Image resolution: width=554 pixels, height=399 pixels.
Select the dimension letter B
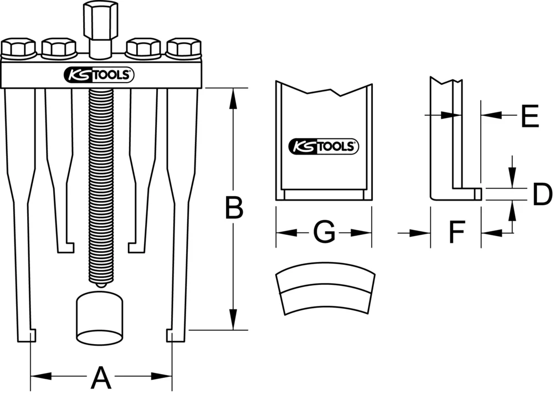[233, 209]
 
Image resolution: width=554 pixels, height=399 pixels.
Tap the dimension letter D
[542, 195]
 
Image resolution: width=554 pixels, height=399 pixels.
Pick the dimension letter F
[455, 233]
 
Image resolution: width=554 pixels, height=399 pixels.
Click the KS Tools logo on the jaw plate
[324, 146]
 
